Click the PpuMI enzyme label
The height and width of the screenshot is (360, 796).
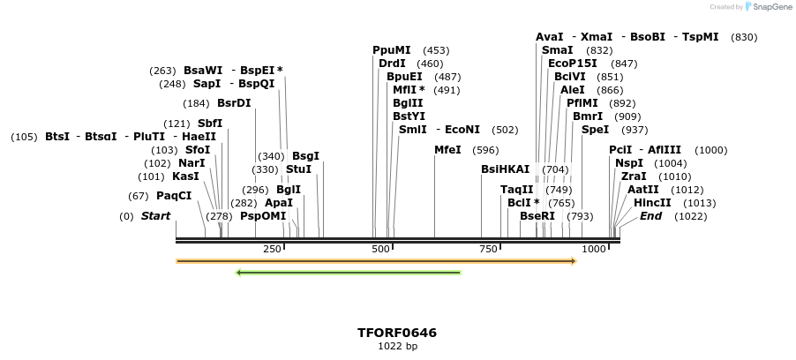[392, 50]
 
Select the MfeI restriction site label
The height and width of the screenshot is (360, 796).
[447, 150]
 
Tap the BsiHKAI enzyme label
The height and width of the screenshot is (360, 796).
[505, 169]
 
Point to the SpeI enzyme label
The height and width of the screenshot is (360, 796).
[596, 130]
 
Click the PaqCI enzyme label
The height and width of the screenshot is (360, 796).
[174, 196]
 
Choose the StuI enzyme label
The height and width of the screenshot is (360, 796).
[298, 169]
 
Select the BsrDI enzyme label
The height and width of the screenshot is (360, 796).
[234, 103]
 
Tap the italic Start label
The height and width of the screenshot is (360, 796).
[156, 216]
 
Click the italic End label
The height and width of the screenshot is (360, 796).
[650, 216]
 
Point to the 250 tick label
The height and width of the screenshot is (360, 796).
[272, 250]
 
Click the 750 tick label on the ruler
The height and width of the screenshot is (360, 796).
[489, 250]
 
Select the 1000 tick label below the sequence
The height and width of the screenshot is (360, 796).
[595, 250]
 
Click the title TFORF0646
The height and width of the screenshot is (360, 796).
[397, 333]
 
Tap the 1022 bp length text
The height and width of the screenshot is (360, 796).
[397, 347]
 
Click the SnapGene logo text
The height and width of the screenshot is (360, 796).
[770, 7]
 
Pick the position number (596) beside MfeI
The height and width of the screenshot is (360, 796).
[485, 150]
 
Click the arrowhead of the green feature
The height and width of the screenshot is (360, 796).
[239, 273]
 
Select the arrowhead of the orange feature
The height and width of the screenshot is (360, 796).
[573, 261]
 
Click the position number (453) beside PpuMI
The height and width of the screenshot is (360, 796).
[436, 50]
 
